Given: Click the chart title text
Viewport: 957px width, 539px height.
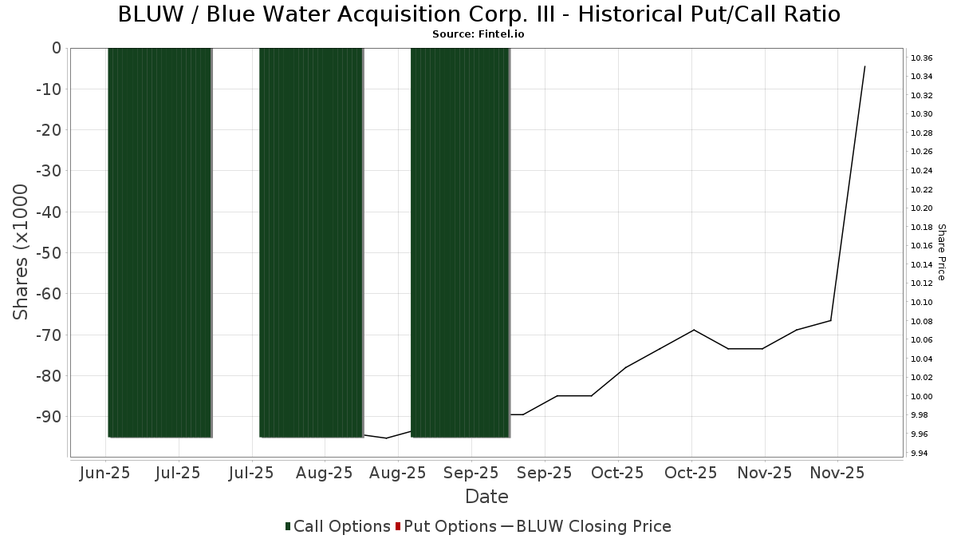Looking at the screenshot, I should coord(478,14).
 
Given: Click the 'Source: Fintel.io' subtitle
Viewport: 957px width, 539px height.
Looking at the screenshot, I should coord(478,34).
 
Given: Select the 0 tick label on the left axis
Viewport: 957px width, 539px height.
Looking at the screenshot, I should coord(56,48).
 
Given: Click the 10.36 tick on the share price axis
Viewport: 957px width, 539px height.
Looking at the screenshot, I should coord(921,57).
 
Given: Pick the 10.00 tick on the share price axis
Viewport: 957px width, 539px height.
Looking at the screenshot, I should coord(921,396).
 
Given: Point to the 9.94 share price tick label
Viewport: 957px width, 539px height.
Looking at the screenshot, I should coord(921,453).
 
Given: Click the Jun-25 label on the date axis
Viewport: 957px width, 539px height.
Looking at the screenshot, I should coord(105,473).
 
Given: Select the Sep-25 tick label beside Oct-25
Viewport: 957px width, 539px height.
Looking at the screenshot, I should coord(544,473).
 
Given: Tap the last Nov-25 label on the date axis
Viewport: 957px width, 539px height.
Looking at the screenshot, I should coord(837,473).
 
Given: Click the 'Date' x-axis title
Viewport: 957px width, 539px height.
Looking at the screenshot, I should coord(486,497).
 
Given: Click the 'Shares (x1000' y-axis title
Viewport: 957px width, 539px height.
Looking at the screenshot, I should coord(21,252).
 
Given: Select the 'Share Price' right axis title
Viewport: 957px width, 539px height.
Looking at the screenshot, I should coord(941,252).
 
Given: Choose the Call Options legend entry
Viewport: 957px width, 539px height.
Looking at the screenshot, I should coord(338,526).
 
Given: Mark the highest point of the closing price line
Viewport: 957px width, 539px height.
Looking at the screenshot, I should coord(864,66).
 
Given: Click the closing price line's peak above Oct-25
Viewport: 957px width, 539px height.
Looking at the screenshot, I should coord(694,330).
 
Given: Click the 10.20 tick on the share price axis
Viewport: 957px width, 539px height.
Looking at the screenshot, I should coord(921,208).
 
